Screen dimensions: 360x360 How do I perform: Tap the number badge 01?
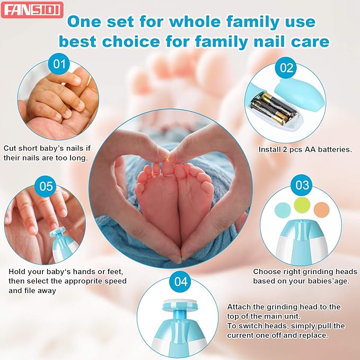point(59,65)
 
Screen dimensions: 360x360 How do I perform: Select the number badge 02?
point(286,68)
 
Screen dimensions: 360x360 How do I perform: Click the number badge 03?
point(302,186)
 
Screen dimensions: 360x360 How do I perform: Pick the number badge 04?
point(181,282)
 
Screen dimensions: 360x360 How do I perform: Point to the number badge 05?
point(46,187)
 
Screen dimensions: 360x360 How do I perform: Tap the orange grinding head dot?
point(321,209)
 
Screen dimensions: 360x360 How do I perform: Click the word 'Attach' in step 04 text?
point(240,307)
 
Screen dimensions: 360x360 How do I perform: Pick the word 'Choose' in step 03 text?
point(267,271)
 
